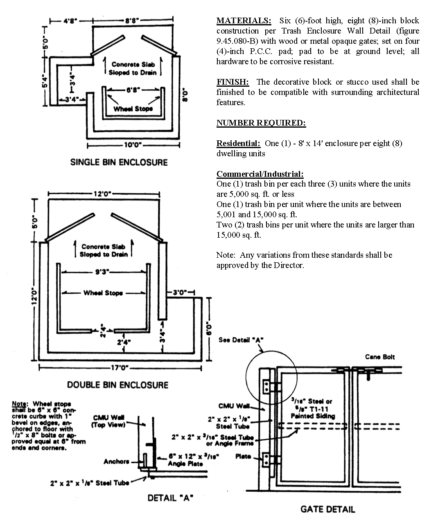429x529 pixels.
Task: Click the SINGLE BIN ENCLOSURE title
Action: tap(119, 162)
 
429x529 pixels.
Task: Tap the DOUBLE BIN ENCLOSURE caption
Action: tap(117, 385)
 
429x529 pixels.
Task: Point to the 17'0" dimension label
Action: tap(120, 368)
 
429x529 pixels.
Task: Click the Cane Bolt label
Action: tap(380, 357)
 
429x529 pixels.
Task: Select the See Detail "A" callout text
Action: tap(240, 340)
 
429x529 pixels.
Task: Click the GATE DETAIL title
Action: tap(327, 509)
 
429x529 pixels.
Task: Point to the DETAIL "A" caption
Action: tap(170, 498)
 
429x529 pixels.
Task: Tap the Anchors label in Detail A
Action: tap(116, 461)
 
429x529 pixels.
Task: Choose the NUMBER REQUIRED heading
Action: tap(261, 123)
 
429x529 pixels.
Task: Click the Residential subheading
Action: tap(238, 143)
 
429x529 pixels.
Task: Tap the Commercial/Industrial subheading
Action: tap(260, 174)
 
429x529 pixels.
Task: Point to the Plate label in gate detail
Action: tap(243, 456)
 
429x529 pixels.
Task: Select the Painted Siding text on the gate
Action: tap(312, 416)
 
